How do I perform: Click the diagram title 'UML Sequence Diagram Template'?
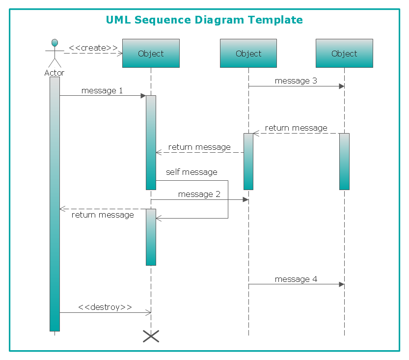pyautogui.click(x=204, y=20)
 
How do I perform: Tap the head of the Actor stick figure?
pyautogui.click(x=55, y=42)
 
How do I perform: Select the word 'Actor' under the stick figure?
pyautogui.click(x=54, y=73)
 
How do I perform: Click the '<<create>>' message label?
pyautogui.click(x=93, y=48)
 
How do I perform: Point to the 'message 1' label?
pyautogui.click(x=102, y=90)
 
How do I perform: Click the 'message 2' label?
pyautogui.click(x=199, y=194)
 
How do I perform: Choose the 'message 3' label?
pyautogui.click(x=296, y=81)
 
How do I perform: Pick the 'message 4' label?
pyautogui.click(x=296, y=279)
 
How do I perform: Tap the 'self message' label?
pyautogui.click(x=191, y=172)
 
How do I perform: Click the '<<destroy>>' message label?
pyautogui.click(x=105, y=307)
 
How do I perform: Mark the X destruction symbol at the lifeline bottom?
pyautogui.click(x=151, y=336)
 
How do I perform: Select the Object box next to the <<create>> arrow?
pyautogui.click(x=151, y=54)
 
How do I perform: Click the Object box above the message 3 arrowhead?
pyautogui.click(x=344, y=54)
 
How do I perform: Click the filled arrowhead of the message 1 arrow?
pyautogui.click(x=143, y=96)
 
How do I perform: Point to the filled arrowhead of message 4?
pyautogui.click(x=341, y=284)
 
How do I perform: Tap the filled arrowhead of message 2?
pyautogui.click(x=245, y=200)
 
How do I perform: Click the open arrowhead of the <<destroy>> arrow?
pyautogui.click(x=149, y=312)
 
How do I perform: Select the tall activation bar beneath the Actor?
pyautogui.click(x=55, y=204)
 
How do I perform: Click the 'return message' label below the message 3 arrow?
pyautogui.click(x=296, y=128)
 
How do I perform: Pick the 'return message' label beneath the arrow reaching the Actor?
pyautogui.click(x=103, y=215)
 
